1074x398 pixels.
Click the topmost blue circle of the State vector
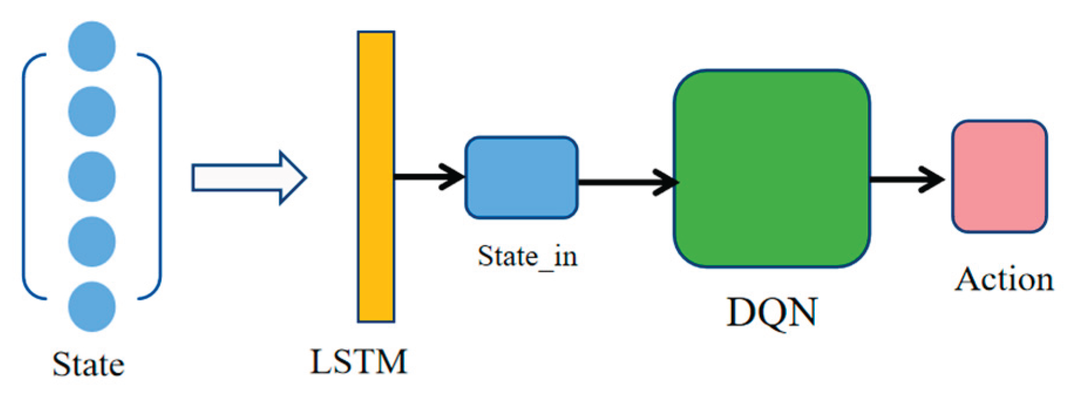point(91,46)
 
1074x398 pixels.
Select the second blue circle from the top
point(91,111)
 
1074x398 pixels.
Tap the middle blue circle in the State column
point(91,176)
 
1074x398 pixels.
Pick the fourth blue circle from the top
point(91,241)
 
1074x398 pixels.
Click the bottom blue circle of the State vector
point(91,307)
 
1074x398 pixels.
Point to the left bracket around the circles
point(25,176)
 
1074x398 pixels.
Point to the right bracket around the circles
point(159,176)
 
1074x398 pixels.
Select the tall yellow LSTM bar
point(376,176)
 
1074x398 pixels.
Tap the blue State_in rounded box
point(521,178)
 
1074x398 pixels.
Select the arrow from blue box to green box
point(627,182)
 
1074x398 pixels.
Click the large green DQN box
point(771,169)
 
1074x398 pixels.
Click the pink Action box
point(999,176)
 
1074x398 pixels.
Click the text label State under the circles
point(89,365)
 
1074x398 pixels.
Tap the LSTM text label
point(358,362)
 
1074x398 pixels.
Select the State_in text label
point(527,256)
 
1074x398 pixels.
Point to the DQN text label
point(771,312)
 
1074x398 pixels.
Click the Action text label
point(1004,279)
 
